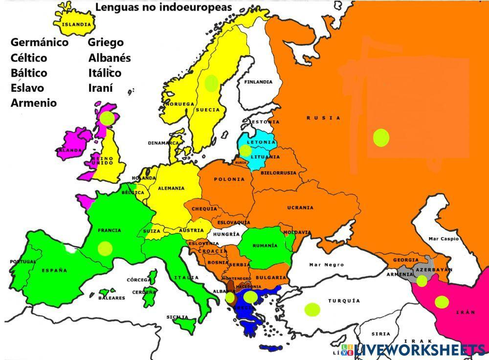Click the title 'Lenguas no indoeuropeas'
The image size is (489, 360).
(x=163, y=7)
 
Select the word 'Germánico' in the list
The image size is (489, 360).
(x=40, y=43)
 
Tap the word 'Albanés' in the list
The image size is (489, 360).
(x=110, y=58)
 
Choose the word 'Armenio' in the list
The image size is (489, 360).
(x=34, y=103)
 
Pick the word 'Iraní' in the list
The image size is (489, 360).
(x=101, y=88)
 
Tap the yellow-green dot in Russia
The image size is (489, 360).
(x=381, y=137)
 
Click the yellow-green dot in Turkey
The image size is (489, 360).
(x=312, y=309)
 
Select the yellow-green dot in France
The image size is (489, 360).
(x=105, y=248)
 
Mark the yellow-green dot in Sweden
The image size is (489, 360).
(x=211, y=83)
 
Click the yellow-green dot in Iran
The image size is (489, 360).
(x=442, y=302)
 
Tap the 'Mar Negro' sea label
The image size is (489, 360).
(x=326, y=265)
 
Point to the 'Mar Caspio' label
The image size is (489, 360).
(x=444, y=239)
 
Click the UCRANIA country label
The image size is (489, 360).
(x=300, y=207)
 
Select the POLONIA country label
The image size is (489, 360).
(x=229, y=179)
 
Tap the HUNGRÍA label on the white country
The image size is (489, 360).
(x=226, y=234)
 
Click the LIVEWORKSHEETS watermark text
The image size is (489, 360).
(x=420, y=349)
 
